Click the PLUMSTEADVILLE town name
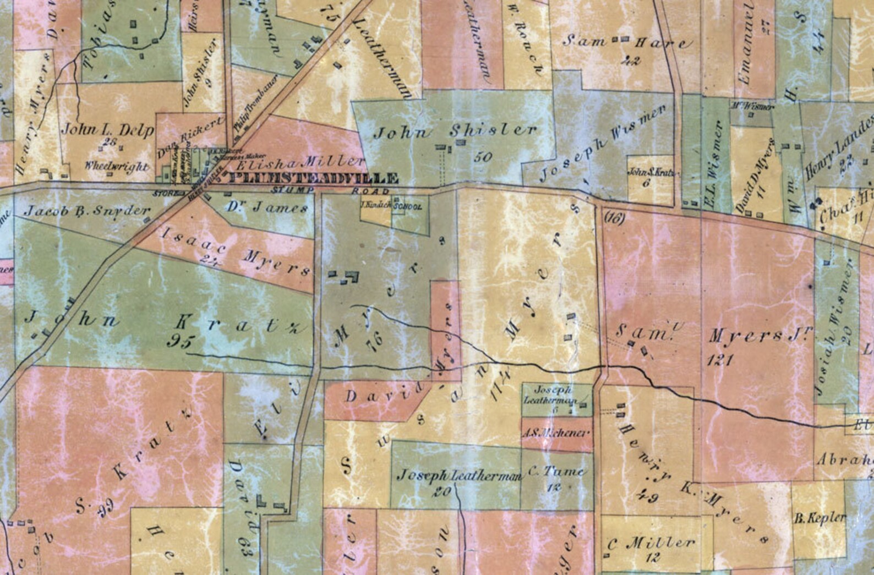[x=314, y=178]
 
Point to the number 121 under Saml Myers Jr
[x=722, y=360]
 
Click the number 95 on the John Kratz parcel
[x=179, y=341]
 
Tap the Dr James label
[x=266, y=208]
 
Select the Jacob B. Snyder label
[x=88, y=210]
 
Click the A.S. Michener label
[x=556, y=432]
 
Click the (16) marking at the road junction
[x=613, y=218]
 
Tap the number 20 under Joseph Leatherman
[x=441, y=491]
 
